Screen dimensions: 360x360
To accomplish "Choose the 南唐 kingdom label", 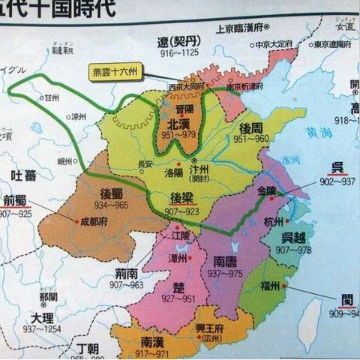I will [226, 262].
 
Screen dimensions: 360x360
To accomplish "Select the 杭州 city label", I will [274, 223].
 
